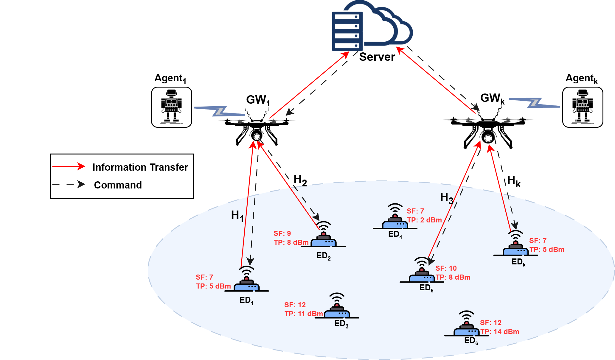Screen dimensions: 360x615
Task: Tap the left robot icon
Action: pyautogui.click(x=172, y=107)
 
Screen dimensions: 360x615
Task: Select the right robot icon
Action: pyautogui.click(x=583, y=107)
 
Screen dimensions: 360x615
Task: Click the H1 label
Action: pyautogui.click(x=237, y=215)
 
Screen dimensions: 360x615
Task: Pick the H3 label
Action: pyautogui.click(x=447, y=198)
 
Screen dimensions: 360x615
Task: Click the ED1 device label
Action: pyautogui.click(x=246, y=300)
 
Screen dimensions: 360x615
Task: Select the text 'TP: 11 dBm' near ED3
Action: pyautogui.click(x=303, y=314)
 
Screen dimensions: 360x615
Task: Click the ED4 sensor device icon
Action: pyautogui.click(x=395, y=219)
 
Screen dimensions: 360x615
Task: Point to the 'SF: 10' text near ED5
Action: pyautogui.click(x=446, y=268)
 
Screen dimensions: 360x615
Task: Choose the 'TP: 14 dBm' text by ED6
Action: pyautogui.click(x=500, y=332)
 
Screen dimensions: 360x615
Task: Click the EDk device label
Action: pyautogui.click(x=518, y=262)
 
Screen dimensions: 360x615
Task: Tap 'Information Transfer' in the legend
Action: pyautogui.click(x=140, y=167)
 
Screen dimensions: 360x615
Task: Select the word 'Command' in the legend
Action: pyautogui.click(x=118, y=185)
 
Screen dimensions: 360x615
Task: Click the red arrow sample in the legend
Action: pyautogui.click(x=69, y=166)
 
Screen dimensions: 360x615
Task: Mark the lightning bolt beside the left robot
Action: pyautogui.click(x=220, y=111)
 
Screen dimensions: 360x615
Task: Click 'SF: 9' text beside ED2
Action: pyautogui.click(x=282, y=233)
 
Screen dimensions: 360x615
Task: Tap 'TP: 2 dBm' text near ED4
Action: pyautogui.click(x=424, y=220)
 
